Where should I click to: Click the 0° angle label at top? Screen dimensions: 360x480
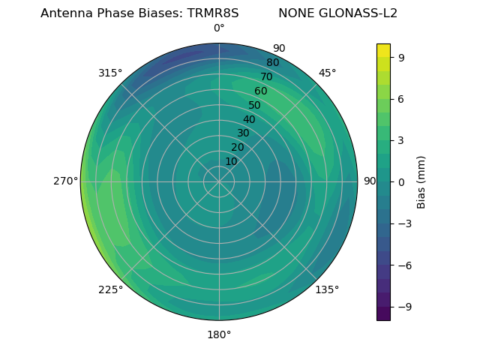pos(219,28)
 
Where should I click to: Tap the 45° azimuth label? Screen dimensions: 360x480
pos(328,73)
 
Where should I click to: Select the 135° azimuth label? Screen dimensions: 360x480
pos(327,289)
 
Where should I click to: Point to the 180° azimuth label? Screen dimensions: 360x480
pos(219,334)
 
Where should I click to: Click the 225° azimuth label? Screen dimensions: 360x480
pos(110,290)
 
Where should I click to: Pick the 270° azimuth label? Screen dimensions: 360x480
pos(65,181)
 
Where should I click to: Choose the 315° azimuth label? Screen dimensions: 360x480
pos(110,73)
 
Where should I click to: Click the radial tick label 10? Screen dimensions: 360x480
pos(231,161)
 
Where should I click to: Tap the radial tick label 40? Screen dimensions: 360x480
pos(249,119)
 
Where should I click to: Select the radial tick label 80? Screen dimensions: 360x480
pos(272,63)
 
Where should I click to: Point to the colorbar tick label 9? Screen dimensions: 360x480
pos(402,57)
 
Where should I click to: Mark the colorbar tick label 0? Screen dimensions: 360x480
pos(402,182)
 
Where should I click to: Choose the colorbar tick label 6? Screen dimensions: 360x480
pos(402,99)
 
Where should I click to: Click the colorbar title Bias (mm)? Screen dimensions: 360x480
pos(421,182)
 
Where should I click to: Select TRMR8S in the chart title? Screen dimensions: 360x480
pos(213,13)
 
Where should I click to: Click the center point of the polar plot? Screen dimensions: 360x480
pos(219,181)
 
